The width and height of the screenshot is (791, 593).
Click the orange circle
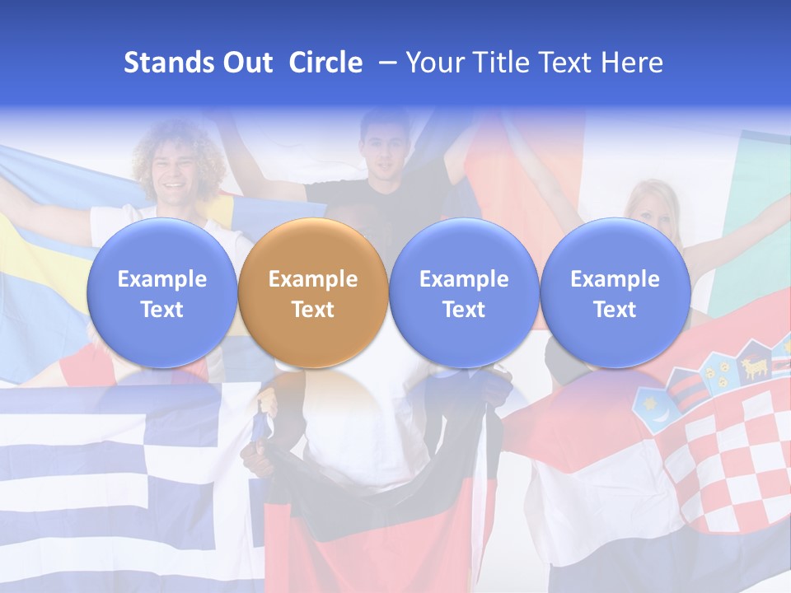point(312,293)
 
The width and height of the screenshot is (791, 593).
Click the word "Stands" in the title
point(165,63)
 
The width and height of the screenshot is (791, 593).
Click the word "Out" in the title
point(246,63)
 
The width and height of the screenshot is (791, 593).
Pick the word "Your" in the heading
point(435,63)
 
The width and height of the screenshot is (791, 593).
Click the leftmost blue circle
point(161,293)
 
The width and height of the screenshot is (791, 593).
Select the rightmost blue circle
point(615,293)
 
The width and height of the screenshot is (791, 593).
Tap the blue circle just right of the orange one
point(464,293)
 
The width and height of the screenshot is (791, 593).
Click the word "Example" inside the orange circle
point(313,279)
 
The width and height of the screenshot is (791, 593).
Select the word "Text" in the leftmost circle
point(161,310)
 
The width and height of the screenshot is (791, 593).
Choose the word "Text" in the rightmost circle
point(615,310)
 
